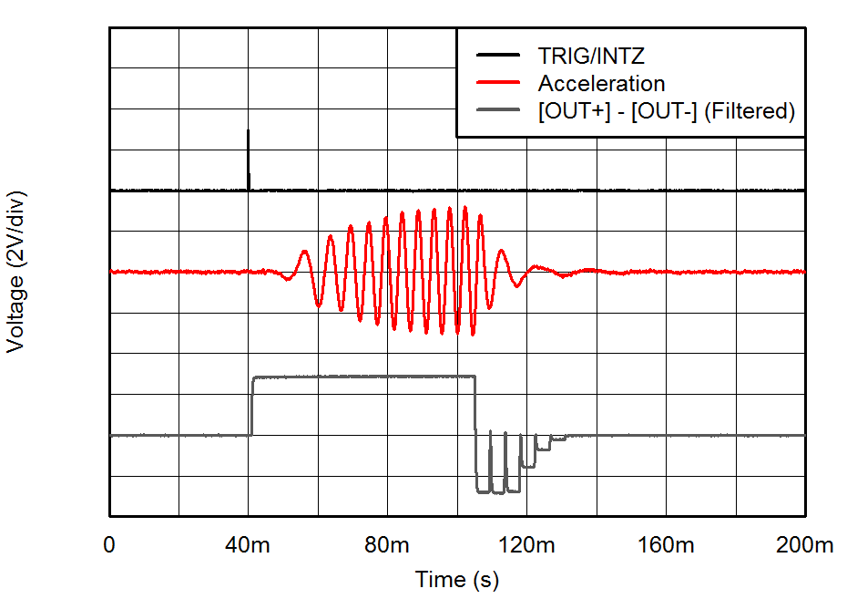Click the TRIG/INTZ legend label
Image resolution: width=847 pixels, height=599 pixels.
(590, 57)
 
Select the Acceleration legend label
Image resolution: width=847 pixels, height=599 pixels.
(601, 84)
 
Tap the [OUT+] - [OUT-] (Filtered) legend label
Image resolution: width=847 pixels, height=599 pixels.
(667, 111)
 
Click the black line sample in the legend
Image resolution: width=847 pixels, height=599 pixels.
(497, 57)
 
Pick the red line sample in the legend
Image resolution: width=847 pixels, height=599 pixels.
(497, 84)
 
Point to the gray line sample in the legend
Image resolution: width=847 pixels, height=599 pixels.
(497, 111)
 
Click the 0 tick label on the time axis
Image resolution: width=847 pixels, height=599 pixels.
(110, 546)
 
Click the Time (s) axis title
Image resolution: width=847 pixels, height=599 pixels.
(457, 579)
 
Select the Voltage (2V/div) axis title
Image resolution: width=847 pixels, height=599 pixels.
(15, 272)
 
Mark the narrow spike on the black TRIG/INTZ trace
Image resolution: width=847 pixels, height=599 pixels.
(249, 146)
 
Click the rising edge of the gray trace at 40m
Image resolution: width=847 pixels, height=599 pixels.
(252, 406)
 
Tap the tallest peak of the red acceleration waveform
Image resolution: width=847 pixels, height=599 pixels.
(465, 208)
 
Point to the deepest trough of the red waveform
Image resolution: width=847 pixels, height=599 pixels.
(473, 335)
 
